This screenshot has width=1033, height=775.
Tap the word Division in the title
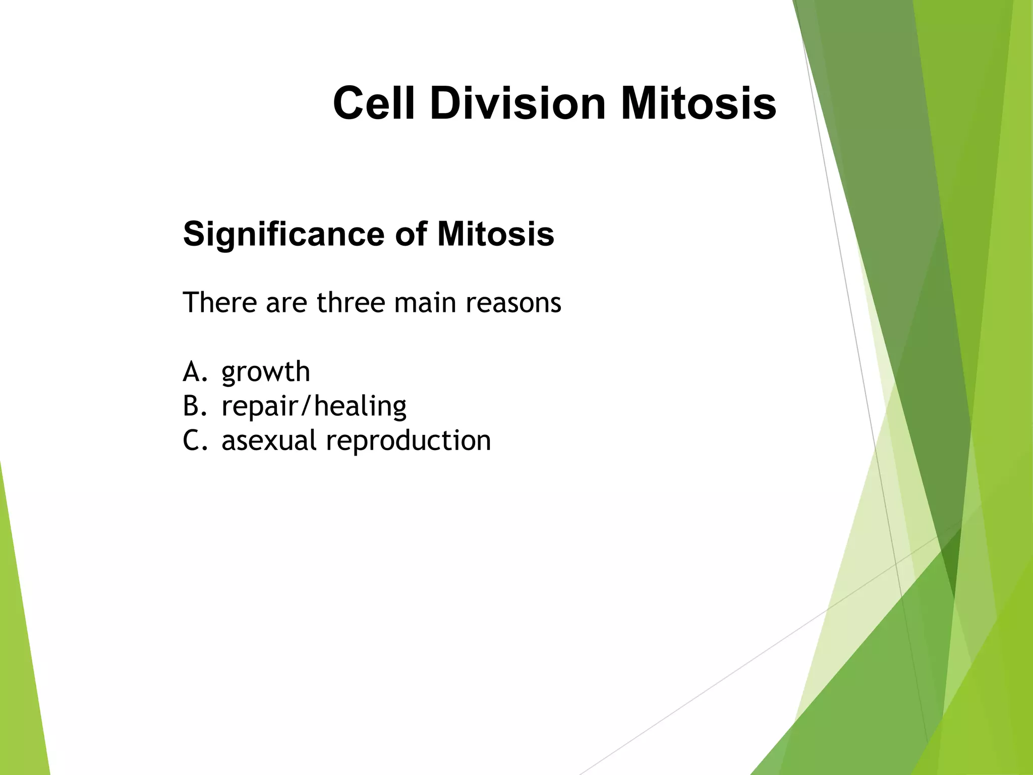tap(518, 103)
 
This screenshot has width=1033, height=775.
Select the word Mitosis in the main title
tap(699, 103)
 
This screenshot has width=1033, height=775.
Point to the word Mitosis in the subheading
tap(496, 235)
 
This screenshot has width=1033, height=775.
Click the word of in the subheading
tap(411, 235)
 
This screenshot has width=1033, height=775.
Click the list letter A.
tap(192, 372)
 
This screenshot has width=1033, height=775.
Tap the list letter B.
tap(192, 406)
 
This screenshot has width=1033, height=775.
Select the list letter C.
tap(192, 440)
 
